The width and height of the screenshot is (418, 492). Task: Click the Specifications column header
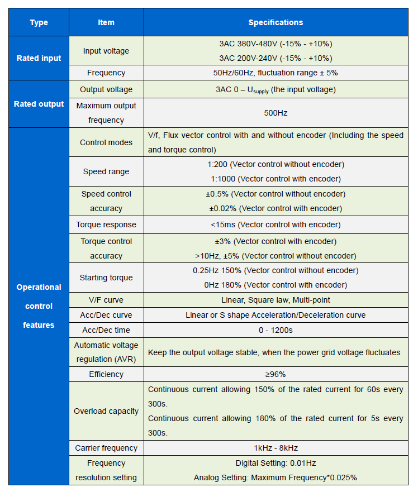[x=275, y=22]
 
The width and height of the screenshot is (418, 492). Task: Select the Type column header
[x=39, y=22]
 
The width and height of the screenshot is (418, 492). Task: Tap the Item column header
[x=106, y=22]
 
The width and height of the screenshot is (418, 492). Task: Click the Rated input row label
[x=39, y=58]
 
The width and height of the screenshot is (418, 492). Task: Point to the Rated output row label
[x=39, y=104]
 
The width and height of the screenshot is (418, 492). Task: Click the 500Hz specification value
[x=275, y=113]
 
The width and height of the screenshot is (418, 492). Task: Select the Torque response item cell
[x=106, y=224]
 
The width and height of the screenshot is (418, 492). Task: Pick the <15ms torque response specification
[x=275, y=224]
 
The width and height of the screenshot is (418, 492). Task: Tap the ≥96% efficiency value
[x=275, y=374]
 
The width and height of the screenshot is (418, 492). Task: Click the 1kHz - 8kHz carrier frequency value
[x=275, y=448]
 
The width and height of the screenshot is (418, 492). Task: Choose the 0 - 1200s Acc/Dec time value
[x=275, y=330]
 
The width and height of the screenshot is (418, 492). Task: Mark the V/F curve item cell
[x=106, y=300]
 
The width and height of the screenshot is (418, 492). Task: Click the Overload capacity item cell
[x=106, y=411]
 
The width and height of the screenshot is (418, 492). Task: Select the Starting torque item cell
[x=106, y=278]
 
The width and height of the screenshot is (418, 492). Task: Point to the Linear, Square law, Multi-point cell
[x=275, y=300]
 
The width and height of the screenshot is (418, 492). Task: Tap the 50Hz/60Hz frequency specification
[x=275, y=73]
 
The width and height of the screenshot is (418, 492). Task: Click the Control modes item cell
[x=106, y=142]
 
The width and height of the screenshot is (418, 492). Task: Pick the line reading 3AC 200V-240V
[x=275, y=58]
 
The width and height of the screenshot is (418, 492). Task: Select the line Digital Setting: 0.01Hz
[x=275, y=463]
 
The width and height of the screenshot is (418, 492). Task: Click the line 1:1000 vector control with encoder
[x=275, y=179]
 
